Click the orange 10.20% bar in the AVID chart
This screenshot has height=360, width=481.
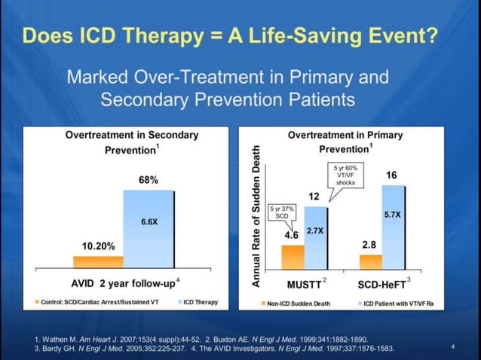pos(98,261)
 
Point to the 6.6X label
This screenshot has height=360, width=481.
pos(149,222)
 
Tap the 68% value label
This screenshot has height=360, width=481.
pos(148,180)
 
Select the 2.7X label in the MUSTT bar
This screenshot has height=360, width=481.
pos(315,230)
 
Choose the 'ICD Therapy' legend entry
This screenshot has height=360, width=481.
pos(198,302)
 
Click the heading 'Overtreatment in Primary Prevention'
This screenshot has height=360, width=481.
pos(345,142)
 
